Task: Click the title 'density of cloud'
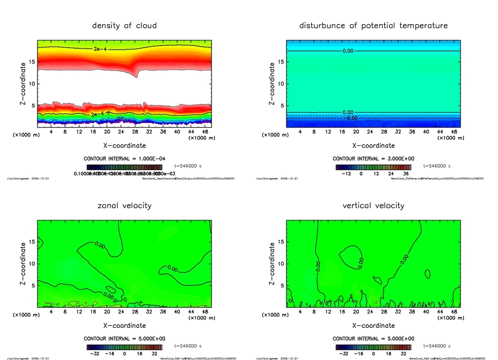124,25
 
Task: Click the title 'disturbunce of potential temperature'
373,25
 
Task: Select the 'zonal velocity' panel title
124,205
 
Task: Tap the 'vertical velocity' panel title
373,205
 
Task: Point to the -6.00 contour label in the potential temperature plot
351,118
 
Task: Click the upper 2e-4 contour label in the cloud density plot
99,49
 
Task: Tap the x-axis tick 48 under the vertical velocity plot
454,312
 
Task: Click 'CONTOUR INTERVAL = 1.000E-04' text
124,159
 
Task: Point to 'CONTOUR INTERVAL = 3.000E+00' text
373,159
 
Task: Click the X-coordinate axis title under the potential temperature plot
373,145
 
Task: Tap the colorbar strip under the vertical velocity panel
373,347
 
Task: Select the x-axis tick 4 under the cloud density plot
51,132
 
